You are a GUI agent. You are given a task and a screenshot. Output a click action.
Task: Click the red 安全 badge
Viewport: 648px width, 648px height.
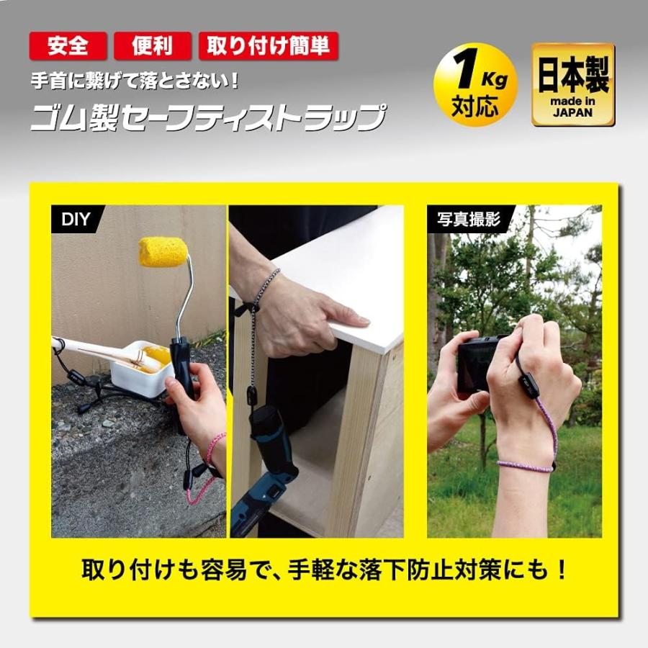pyautogui.click(x=68, y=46)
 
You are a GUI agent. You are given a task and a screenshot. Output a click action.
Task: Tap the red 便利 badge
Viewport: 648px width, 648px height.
pyautogui.click(x=152, y=46)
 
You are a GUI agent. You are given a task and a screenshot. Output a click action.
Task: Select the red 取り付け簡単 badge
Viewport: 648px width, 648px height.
pyautogui.click(x=268, y=46)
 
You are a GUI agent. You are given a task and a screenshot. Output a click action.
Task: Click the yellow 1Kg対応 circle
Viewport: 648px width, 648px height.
pyautogui.click(x=475, y=85)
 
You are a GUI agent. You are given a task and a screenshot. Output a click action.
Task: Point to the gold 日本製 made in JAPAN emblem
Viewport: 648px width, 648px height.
pyautogui.click(x=573, y=85)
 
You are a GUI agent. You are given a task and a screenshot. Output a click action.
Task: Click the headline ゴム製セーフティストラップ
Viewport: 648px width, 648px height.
pyautogui.click(x=207, y=117)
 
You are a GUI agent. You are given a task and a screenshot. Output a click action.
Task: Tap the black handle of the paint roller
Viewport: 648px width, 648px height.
pyautogui.click(x=181, y=367)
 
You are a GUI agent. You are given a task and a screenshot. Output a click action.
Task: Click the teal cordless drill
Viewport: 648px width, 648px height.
pyautogui.click(x=266, y=468)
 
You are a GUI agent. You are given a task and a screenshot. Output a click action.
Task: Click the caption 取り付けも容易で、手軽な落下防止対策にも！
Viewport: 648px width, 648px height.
pyautogui.click(x=324, y=571)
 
